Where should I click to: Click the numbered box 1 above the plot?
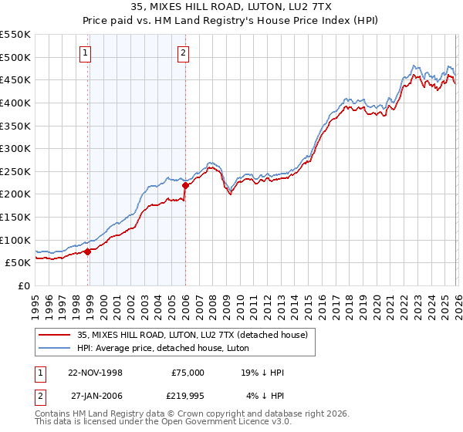tap(84, 53)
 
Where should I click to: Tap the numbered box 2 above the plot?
tap(183, 53)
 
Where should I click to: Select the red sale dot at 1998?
tap(88, 251)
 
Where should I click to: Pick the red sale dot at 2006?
tap(185, 185)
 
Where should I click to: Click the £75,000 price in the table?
tap(188, 373)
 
